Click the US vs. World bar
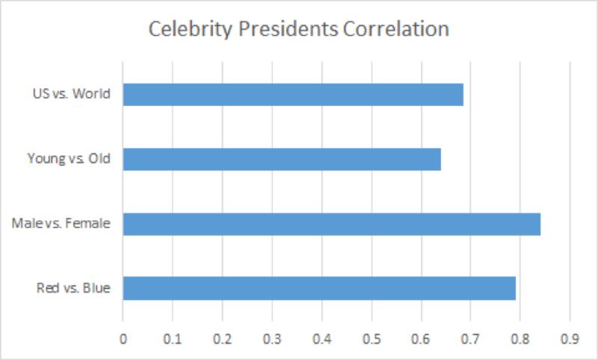coord(293,94)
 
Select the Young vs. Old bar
coord(282,159)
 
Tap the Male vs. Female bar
coord(331,224)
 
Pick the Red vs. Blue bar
coord(319,288)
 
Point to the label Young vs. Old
coord(68,159)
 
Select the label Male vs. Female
coord(61,224)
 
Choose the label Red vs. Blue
coord(73,288)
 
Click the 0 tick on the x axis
coord(123,338)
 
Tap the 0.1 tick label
coord(173,338)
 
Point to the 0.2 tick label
coord(222,338)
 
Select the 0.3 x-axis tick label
coord(272,338)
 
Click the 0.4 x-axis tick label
coord(321,338)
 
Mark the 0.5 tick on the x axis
coord(372,338)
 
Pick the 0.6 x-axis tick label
coord(421,338)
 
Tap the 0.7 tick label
coord(471,338)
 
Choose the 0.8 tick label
coord(520,338)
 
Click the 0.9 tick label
coord(570,338)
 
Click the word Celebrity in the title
coord(183,30)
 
